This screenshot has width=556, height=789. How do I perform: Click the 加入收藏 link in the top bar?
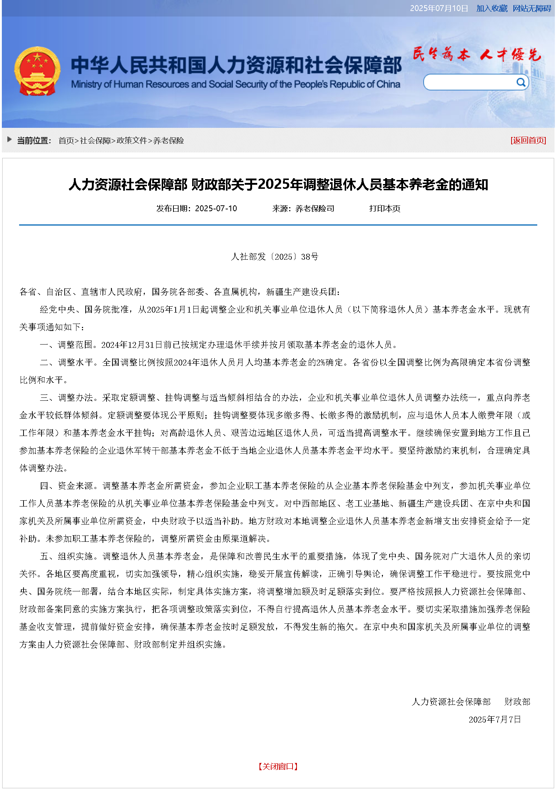click(x=492, y=8)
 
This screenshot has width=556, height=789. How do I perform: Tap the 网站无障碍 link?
click(x=532, y=8)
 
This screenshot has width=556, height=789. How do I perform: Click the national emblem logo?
click(x=37, y=71)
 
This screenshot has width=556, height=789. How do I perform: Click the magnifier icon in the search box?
click(x=521, y=82)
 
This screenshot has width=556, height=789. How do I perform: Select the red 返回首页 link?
click(x=528, y=140)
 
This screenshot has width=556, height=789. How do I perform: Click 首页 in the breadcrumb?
click(x=66, y=141)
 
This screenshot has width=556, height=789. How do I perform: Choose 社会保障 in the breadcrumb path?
click(x=95, y=141)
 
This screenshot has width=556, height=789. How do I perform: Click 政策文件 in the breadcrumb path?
click(x=132, y=141)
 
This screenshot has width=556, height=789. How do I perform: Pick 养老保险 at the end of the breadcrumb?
click(x=168, y=141)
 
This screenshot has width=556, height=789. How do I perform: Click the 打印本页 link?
click(x=384, y=209)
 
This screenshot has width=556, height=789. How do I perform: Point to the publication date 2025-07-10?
click(x=216, y=209)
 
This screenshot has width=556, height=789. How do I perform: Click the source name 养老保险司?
click(x=315, y=209)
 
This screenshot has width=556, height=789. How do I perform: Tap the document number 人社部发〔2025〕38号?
click(x=275, y=257)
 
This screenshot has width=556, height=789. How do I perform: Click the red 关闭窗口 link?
click(x=278, y=766)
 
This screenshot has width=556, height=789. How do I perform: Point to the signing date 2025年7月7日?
click(x=495, y=719)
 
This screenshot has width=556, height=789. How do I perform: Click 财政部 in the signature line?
click(x=517, y=702)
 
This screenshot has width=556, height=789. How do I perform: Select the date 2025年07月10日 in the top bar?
click(x=439, y=8)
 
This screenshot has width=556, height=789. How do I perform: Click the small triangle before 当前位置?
click(x=10, y=139)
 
